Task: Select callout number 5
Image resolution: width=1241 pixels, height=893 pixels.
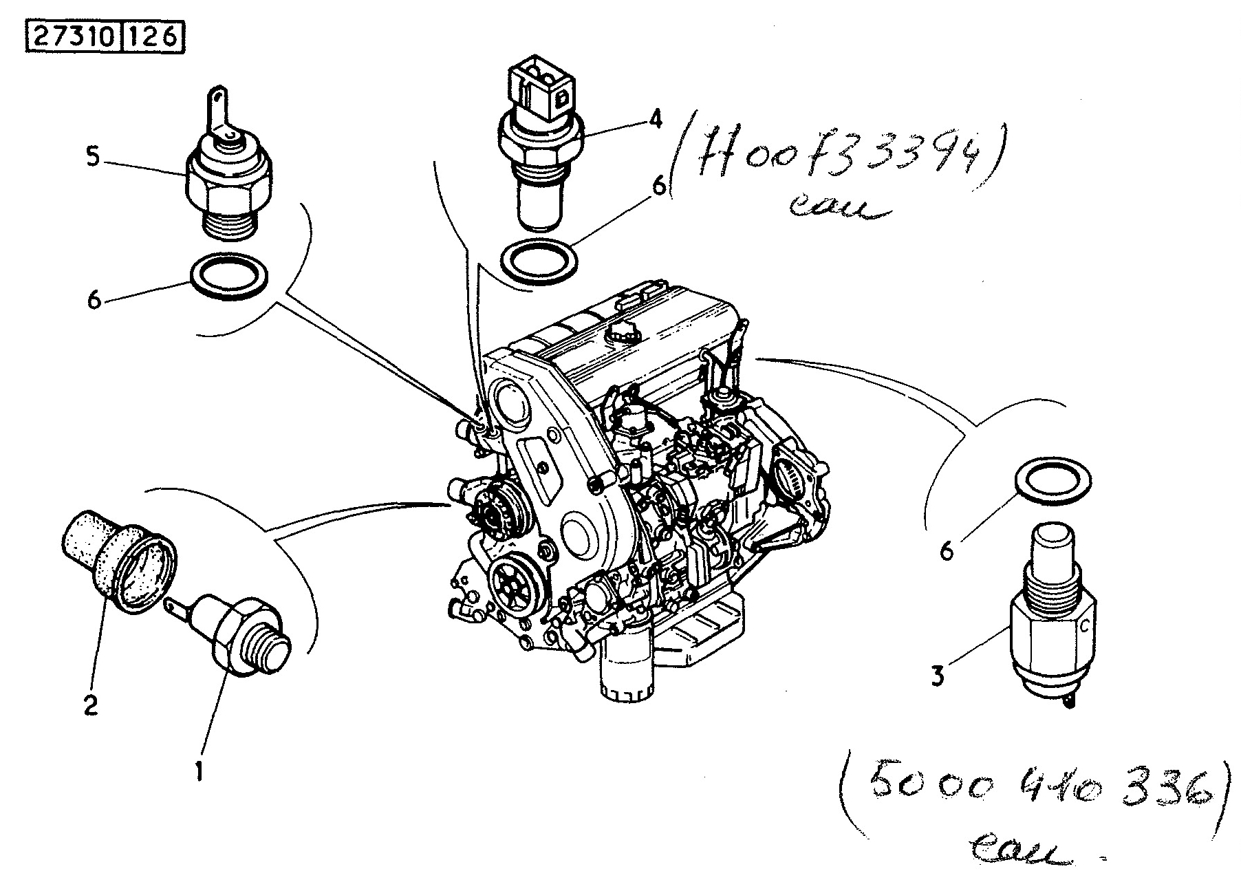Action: [93, 157]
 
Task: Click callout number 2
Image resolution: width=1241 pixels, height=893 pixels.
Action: [91, 706]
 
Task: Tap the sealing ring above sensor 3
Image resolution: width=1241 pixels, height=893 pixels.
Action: [1053, 484]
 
